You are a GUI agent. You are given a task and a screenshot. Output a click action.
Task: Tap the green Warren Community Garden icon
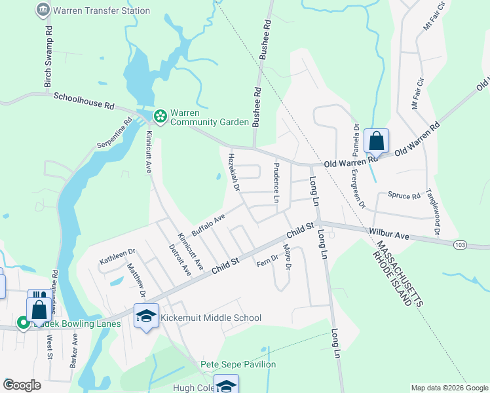[160, 117]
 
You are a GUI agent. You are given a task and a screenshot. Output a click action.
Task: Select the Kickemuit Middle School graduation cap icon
[147, 318]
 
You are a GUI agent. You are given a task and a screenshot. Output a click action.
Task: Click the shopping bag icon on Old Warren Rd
[376, 141]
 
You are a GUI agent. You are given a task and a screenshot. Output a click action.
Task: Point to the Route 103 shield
[461, 244]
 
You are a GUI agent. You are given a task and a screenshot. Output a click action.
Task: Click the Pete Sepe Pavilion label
[238, 364]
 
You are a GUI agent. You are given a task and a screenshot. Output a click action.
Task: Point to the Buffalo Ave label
[208, 223]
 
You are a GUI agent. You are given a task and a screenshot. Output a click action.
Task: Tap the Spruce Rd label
[404, 195]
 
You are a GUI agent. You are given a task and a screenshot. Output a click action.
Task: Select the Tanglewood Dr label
[433, 212]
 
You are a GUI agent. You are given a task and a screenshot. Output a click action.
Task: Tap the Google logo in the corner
[22, 385]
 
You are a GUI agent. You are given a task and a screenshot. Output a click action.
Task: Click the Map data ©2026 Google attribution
[449, 388]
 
